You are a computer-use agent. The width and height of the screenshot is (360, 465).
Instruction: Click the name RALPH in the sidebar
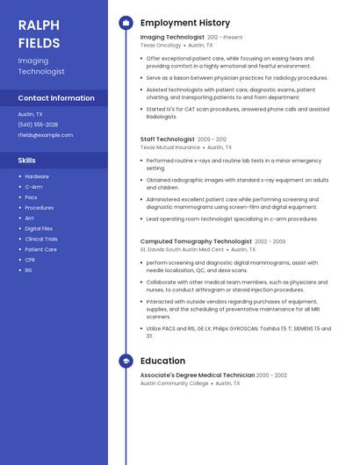(x=39, y=25)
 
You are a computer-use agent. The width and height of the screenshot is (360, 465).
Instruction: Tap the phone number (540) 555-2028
(x=38, y=125)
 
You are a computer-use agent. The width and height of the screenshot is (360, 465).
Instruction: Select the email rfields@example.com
(x=46, y=135)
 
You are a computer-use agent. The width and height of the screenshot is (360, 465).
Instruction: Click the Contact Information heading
(x=56, y=98)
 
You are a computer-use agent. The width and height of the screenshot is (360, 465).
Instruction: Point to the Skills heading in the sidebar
(x=27, y=161)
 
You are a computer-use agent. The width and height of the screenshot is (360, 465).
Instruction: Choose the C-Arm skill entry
(x=33, y=187)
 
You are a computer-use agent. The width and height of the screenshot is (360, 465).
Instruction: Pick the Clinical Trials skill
(x=41, y=239)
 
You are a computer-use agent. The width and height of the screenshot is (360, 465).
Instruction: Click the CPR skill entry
(x=30, y=260)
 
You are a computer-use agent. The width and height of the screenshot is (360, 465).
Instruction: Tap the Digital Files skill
(x=39, y=228)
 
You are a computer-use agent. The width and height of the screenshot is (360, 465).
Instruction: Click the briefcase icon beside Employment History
(x=126, y=23)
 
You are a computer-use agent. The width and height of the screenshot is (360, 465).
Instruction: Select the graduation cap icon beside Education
(x=126, y=361)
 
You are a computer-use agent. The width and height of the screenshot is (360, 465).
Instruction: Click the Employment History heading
(x=185, y=23)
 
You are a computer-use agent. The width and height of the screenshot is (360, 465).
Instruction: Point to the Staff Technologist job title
(x=168, y=139)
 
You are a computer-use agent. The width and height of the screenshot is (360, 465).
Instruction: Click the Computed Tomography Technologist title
(x=196, y=241)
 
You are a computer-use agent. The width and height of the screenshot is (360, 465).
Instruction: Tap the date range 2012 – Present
(x=225, y=38)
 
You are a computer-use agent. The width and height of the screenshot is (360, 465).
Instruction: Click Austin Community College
(x=175, y=383)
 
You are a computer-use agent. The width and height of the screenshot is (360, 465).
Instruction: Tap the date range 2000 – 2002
(x=271, y=376)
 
